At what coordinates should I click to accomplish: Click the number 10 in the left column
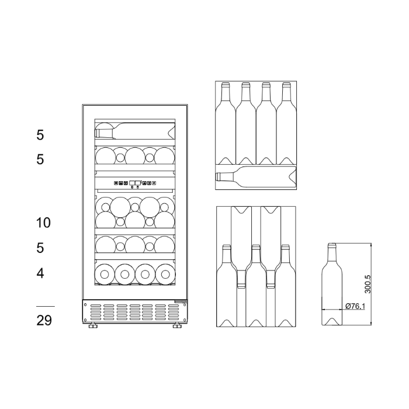[44, 223]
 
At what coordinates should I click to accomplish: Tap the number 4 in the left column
[40, 273]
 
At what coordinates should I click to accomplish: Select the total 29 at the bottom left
[44, 320]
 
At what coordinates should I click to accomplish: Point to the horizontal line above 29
[45, 306]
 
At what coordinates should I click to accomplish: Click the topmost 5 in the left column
[40, 135]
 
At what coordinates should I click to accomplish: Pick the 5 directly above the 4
[40, 248]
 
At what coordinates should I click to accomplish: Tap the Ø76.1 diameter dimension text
[356, 306]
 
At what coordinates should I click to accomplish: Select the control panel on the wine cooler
[135, 183]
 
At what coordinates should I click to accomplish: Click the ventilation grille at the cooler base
[135, 313]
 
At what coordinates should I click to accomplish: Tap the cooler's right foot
[176, 328]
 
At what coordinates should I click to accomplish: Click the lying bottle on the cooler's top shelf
[134, 130]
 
